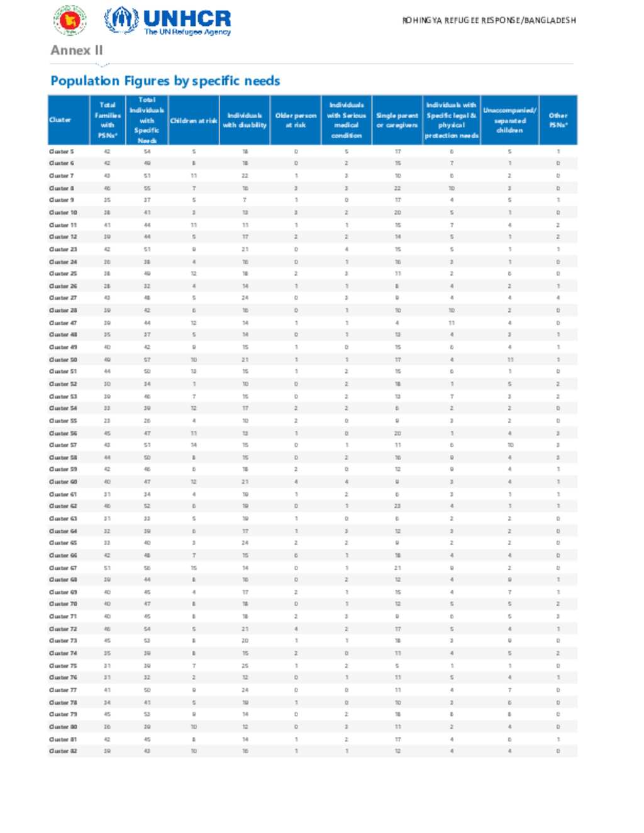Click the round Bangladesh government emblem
pyautogui.click(x=69, y=21)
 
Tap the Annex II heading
pyautogui.click(x=77, y=50)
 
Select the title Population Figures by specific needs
pyautogui.click(x=165, y=81)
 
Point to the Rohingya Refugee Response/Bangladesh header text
pyautogui.click(x=489, y=21)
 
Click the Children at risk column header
pyautogui.click(x=194, y=121)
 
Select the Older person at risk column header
pyautogui.click(x=296, y=121)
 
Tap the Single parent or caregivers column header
pyautogui.click(x=397, y=121)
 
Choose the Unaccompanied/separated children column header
pyautogui.click(x=509, y=121)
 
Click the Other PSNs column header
pyautogui.click(x=558, y=121)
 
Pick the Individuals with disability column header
pyautogui.click(x=245, y=121)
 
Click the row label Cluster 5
pyautogui.click(x=62, y=152)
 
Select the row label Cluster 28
pyautogui.click(x=63, y=311)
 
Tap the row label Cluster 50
pyautogui.click(x=63, y=360)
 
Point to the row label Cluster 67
pyautogui.click(x=63, y=568)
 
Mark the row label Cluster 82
pyautogui.click(x=63, y=751)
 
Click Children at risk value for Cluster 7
pyautogui.click(x=194, y=176)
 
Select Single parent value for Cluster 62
pyautogui.click(x=397, y=506)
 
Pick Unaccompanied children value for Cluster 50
pyautogui.click(x=510, y=360)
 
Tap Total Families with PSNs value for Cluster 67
pyautogui.click(x=107, y=568)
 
